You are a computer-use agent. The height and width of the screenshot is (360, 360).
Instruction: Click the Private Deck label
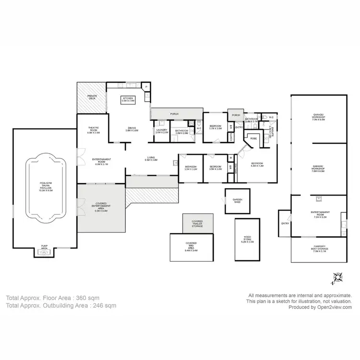(92, 97)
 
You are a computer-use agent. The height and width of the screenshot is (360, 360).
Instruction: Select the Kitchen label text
(128, 99)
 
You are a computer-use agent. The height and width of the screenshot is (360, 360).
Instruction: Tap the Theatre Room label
(94, 130)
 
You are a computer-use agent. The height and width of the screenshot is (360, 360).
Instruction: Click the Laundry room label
(161, 132)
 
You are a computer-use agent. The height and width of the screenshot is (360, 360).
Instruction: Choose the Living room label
(152, 159)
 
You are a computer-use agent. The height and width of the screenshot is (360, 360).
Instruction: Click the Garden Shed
(238, 201)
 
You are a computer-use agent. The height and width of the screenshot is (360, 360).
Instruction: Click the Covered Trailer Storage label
(197, 223)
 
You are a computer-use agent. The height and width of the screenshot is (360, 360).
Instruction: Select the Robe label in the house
(253, 138)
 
